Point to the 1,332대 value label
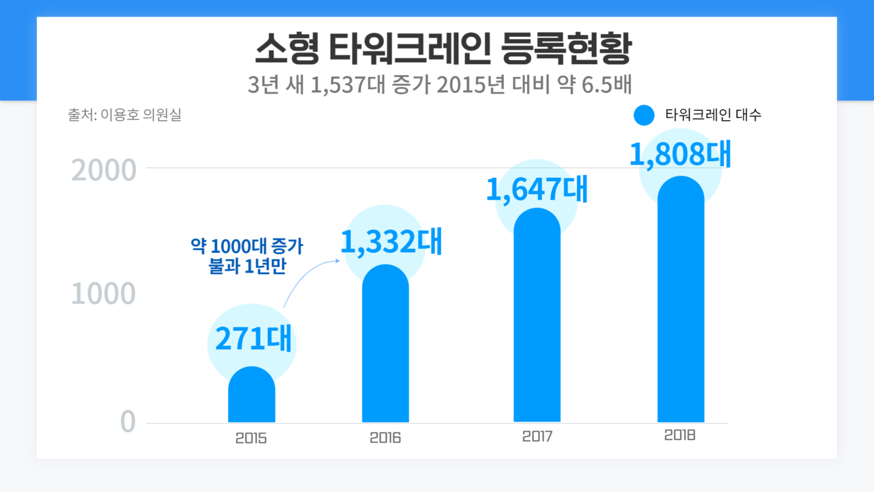391,243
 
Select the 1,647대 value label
537,189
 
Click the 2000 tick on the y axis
104,169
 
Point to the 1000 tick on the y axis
104,295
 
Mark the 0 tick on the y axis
128,422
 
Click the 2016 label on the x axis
385,438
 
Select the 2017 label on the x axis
537,436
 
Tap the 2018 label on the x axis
679,435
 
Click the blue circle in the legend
644,115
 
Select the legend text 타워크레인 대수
714,115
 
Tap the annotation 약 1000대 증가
247,247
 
